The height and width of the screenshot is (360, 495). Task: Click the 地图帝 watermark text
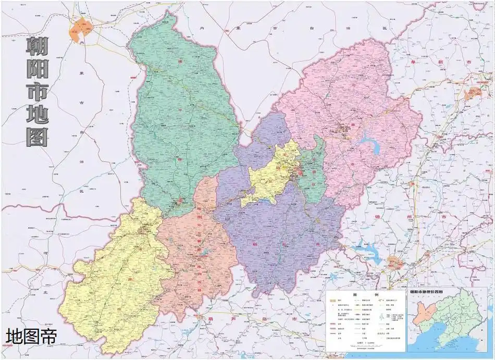coord(31,336)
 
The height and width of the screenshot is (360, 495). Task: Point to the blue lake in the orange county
coord(204,254)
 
